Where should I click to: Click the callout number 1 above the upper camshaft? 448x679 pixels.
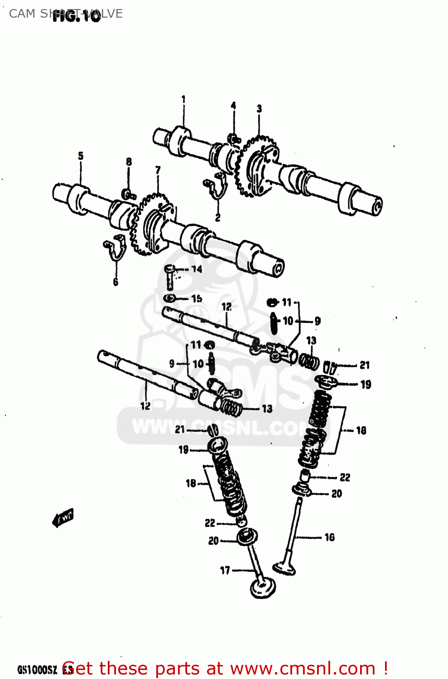183,99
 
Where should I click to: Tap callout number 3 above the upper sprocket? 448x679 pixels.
259,109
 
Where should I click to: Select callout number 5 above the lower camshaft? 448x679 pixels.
81,156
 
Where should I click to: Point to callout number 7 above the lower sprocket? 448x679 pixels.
158,170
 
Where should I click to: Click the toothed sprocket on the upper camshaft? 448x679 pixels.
257,167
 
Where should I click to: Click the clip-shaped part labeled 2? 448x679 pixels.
216,186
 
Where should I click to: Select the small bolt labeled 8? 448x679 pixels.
129,195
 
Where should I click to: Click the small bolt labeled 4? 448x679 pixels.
234,138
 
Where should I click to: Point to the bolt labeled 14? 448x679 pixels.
169,276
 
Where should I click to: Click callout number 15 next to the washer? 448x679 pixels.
197,299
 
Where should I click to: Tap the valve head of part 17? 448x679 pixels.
263,587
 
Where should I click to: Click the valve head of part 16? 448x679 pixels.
284,568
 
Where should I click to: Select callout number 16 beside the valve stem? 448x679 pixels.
330,537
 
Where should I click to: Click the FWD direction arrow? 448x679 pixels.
63,517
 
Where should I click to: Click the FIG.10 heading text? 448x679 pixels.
76,17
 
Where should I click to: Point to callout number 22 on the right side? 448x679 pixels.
345,478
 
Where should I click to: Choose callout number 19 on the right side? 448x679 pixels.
366,384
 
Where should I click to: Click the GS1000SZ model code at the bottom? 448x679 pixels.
37,669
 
